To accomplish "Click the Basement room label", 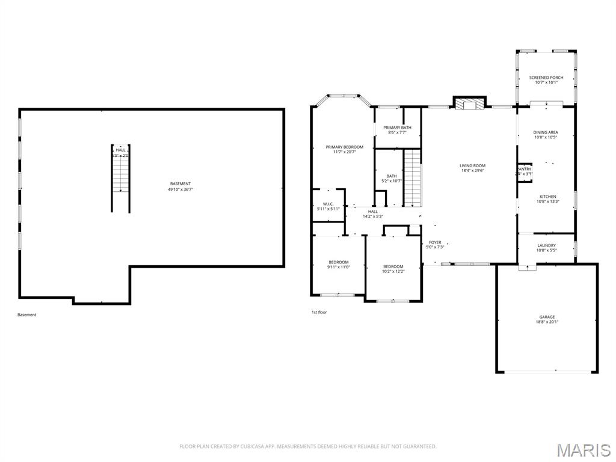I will tap(180, 183).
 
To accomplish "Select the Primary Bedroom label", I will tap(345, 147).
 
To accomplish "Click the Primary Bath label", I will tap(398, 128).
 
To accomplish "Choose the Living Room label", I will tap(472, 165).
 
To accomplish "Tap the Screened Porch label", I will tap(546, 78).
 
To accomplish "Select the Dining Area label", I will tap(546, 132).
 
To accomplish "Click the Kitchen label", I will tap(547, 197).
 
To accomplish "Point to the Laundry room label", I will tap(546, 245).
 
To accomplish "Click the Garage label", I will tap(547, 317).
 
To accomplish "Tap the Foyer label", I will tap(435, 242).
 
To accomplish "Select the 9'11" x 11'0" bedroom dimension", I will tap(339, 267).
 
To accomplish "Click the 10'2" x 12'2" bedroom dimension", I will tap(393, 271).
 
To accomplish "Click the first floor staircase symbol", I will tap(411, 178).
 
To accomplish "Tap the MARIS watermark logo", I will tap(583, 449).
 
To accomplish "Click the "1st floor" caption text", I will tap(319, 312).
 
